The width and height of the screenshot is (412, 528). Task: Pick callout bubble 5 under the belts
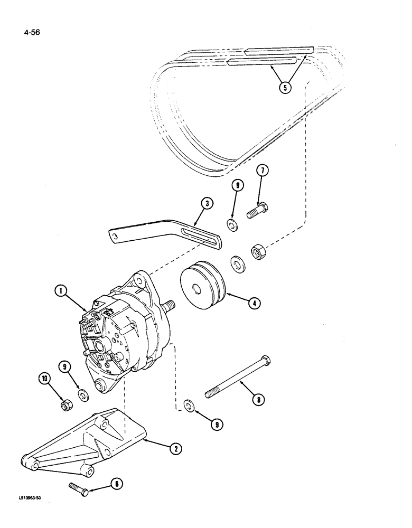click(285, 88)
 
